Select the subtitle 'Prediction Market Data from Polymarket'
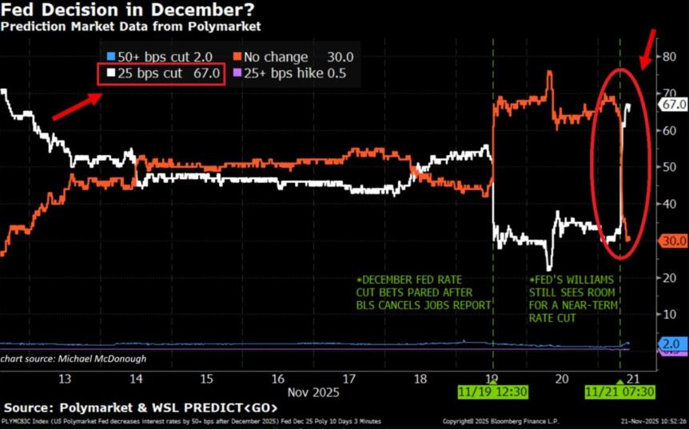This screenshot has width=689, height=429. (130, 26)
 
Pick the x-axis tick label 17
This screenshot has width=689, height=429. (348, 378)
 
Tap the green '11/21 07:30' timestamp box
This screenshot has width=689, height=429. (620, 392)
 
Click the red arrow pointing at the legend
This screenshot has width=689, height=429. (75, 106)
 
